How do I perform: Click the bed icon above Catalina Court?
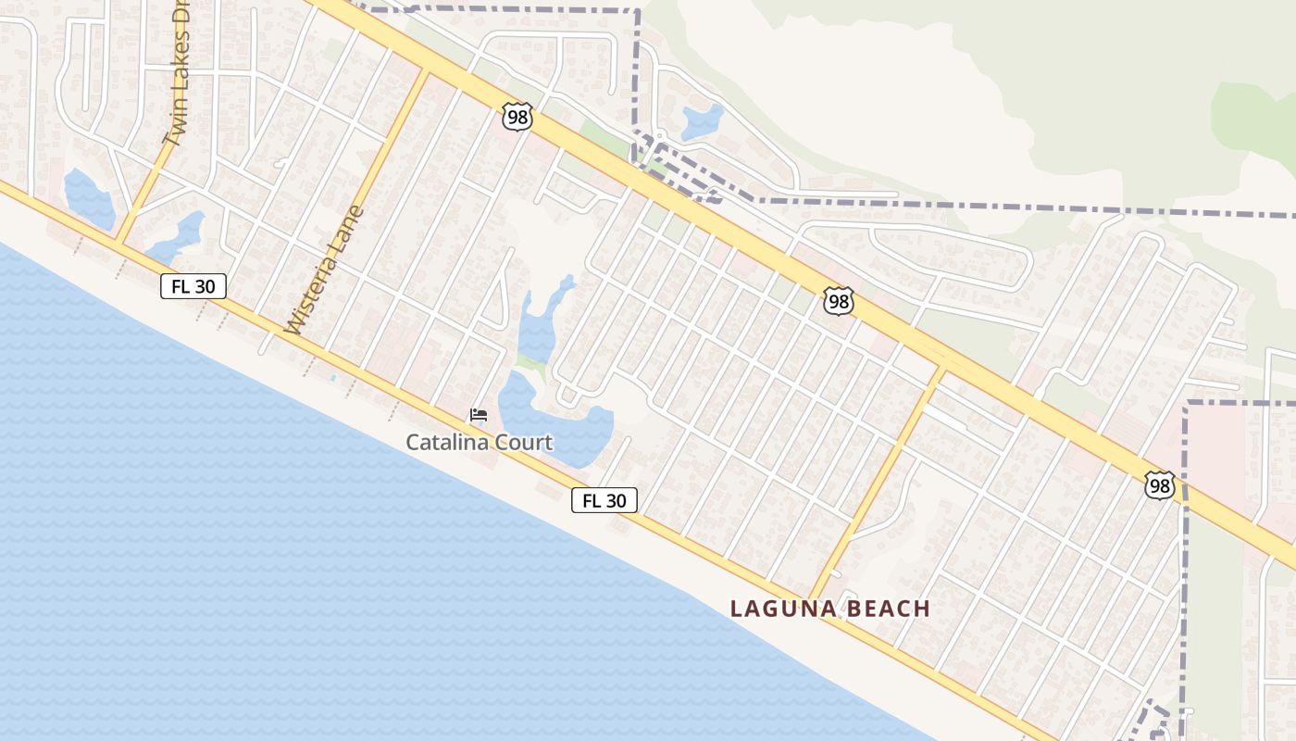click(479, 415)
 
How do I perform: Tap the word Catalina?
click(447, 443)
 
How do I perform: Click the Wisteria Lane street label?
click(324, 270)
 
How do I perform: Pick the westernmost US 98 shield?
click(517, 117)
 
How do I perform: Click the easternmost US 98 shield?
click(1159, 485)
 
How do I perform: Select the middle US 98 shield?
click(838, 301)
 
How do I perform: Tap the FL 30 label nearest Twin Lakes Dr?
click(193, 286)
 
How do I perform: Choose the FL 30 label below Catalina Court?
click(604, 501)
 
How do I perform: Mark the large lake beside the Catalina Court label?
click(555, 421)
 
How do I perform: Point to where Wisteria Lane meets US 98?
click(428, 71)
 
